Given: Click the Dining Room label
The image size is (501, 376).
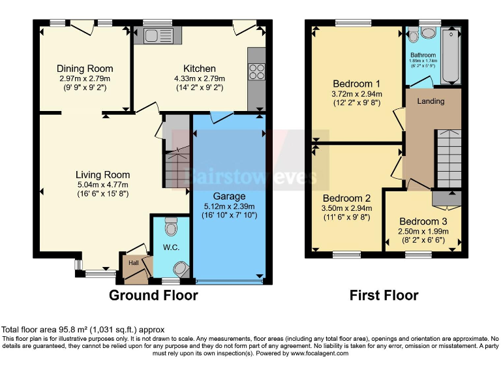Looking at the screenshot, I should pyautogui.click(x=85, y=69).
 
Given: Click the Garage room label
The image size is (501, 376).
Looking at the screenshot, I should pyautogui.click(x=229, y=196).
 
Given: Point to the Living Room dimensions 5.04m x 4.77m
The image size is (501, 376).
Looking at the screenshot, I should pyautogui.click(x=102, y=185).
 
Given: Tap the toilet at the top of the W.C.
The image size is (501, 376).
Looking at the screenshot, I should pyautogui.click(x=171, y=227).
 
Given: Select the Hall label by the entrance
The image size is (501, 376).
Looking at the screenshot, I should pyautogui.click(x=133, y=262).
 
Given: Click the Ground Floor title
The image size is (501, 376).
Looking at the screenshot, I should pyautogui.click(x=153, y=295).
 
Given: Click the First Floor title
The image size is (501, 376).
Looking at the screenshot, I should pyautogui.click(x=384, y=295).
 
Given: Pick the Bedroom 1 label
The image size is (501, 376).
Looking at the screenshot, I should pyautogui.click(x=357, y=84).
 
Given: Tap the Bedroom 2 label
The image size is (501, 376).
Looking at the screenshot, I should pyautogui.click(x=347, y=198).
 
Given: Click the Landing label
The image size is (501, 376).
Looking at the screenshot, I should pyautogui.click(x=431, y=101).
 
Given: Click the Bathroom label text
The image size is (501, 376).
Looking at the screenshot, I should pyautogui.click(x=423, y=55).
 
